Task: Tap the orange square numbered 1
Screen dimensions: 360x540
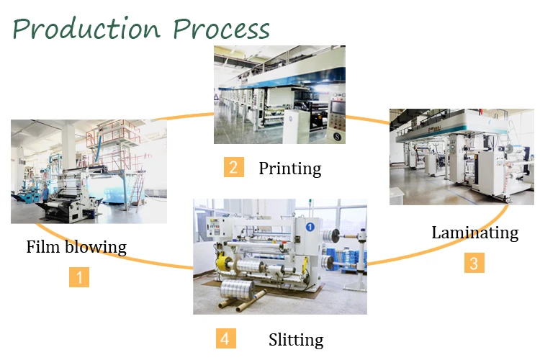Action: point(79,277)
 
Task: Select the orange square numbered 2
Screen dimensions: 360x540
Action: point(233,168)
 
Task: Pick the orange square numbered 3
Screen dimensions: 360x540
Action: point(474,263)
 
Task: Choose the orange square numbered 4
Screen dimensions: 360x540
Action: point(225,338)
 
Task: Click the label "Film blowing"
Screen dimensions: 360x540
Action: point(76,247)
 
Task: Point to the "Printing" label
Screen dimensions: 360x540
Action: point(289,168)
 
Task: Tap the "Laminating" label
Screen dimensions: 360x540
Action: point(474,233)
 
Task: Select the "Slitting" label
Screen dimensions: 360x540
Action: point(296,340)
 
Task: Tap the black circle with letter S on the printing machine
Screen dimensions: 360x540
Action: point(333,134)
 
